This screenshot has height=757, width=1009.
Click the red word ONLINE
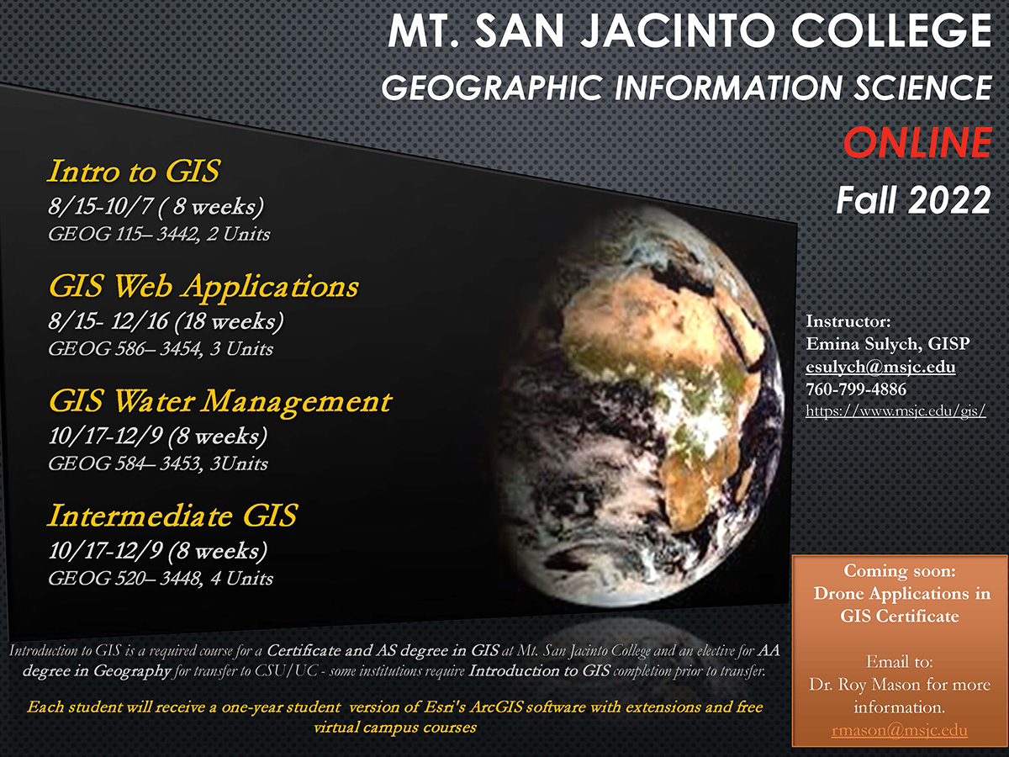[x=917, y=142]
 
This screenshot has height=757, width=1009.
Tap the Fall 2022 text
[x=913, y=200]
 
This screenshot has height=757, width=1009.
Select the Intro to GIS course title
[x=134, y=171]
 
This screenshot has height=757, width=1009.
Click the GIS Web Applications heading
[x=203, y=287]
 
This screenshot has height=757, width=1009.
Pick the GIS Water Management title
[x=220, y=402]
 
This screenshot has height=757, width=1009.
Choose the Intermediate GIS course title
[x=172, y=516]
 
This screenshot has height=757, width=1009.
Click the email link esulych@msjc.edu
[x=880, y=368]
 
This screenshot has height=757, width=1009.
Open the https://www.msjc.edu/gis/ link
[x=895, y=410]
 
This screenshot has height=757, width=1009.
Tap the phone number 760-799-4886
[x=856, y=389]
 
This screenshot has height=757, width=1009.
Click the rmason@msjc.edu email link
[x=899, y=730]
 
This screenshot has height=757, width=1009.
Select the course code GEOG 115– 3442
[x=124, y=235]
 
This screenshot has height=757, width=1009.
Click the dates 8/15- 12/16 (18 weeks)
[x=166, y=320]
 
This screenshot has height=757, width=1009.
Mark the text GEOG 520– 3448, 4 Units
[x=161, y=579]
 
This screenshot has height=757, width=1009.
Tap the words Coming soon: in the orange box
[x=899, y=570]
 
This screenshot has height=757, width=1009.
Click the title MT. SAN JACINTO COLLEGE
[x=689, y=30]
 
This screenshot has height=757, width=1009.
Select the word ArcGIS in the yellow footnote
[x=496, y=707]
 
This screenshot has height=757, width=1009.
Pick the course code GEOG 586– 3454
[x=125, y=349]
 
